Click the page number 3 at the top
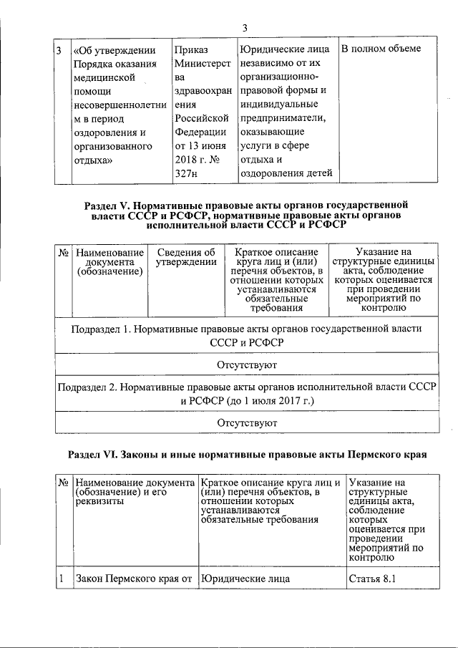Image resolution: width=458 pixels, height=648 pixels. tap(244, 28)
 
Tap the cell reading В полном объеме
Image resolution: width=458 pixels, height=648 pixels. tap(380, 49)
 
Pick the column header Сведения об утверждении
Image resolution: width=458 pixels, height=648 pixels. tap(186, 257)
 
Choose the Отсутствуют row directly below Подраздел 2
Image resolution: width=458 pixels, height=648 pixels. tap(247, 423)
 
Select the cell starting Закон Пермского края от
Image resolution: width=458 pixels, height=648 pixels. tap(135, 579)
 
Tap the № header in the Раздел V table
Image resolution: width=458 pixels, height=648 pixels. tap(62, 252)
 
